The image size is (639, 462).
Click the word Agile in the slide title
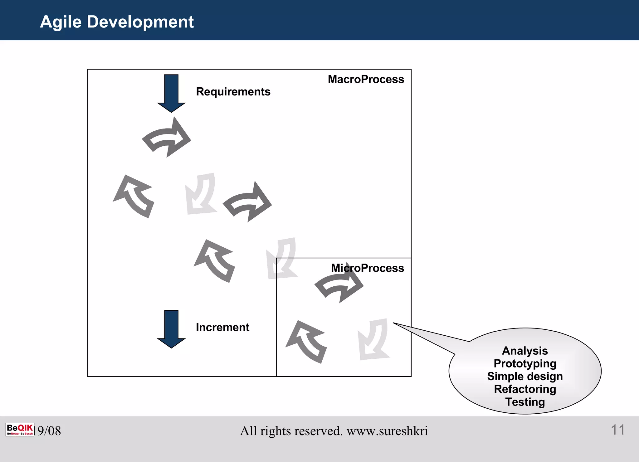(61, 22)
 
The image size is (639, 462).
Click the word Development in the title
(140, 22)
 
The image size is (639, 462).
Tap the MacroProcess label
(366, 79)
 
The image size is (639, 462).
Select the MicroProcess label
(367, 268)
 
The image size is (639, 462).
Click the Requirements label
(233, 92)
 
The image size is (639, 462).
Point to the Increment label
(222, 327)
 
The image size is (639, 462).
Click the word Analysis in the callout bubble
(525, 351)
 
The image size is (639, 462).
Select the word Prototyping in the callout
(525, 363)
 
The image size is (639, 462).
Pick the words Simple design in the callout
(525, 376)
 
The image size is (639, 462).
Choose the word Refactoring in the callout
(525, 389)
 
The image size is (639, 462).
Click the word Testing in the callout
(525, 402)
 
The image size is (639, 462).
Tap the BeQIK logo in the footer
(20, 430)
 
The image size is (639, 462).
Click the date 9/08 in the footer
(49, 431)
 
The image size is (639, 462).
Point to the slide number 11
(617, 430)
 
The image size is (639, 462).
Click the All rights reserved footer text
(334, 431)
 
